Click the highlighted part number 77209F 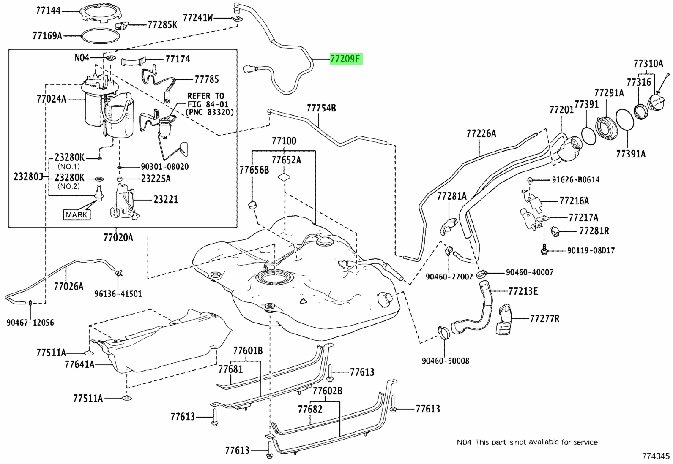[346, 59]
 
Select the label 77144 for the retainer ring [48, 11]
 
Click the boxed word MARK [77, 214]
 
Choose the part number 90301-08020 [164, 167]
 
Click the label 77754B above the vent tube [321, 108]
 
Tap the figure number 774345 [656, 456]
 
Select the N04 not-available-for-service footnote [527, 442]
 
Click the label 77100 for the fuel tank [284, 141]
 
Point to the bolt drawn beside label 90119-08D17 [544, 250]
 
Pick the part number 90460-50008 [445, 361]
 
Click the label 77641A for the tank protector [79, 364]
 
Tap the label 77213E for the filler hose [523, 291]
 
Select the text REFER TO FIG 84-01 [208, 100]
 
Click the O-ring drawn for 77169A [101, 36]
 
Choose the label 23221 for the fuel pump [166, 200]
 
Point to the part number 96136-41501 [118, 293]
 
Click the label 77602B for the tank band [328, 391]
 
